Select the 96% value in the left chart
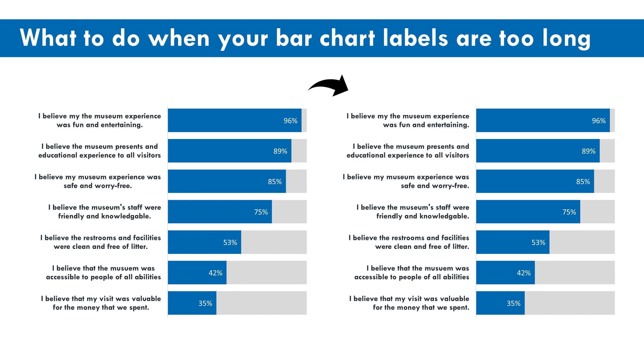[290, 121]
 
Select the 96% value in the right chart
[598, 121]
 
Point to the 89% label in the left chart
[280, 151]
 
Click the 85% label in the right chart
[583, 182]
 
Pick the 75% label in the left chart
[261, 212]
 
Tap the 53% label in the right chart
[538, 242]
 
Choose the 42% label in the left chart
[215, 273]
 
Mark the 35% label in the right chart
[513, 303]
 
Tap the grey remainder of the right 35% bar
[570, 303]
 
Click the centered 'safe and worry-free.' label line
[98, 186]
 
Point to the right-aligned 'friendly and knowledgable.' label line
[423, 216]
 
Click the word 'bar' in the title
[294, 38]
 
